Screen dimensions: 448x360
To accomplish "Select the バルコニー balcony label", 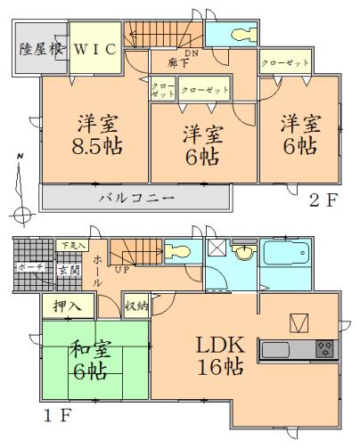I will pyautogui.click(x=135, y=196).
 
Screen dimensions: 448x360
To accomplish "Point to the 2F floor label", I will pyautogui.click(x=323, y=199).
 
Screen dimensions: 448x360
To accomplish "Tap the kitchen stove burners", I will pyautogui.click(x=324, y=349).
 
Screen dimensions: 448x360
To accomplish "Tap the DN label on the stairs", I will pyautogui.click(x=191, y=53).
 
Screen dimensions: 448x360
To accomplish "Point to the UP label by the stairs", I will pyautogui.click(x=123, y=268).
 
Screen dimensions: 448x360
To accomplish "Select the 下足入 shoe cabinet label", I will pyautogui.click(x=72, y=244).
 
